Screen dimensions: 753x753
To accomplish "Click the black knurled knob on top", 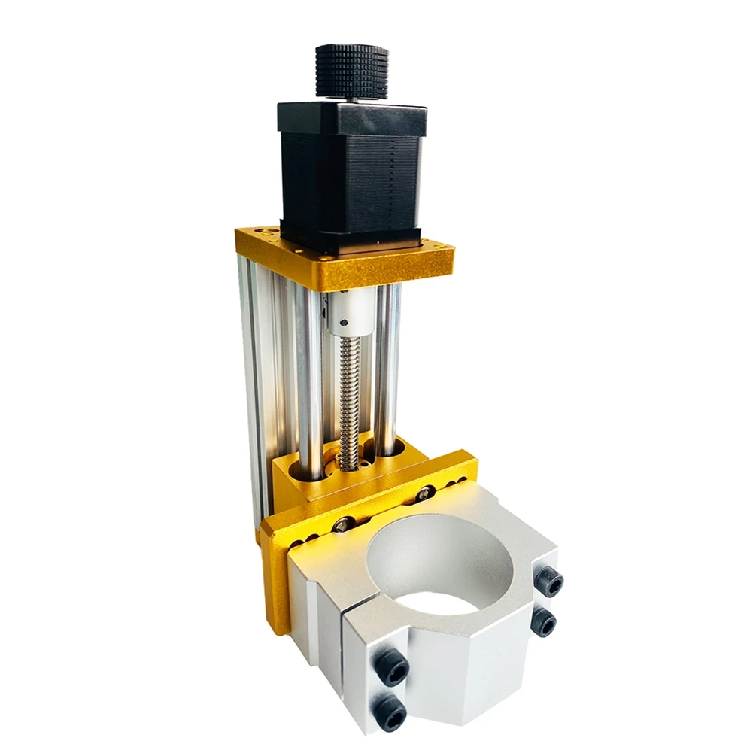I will [351, 71].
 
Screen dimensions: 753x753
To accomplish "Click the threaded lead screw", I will [348, 399].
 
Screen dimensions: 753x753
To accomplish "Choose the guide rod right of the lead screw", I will [388, 369].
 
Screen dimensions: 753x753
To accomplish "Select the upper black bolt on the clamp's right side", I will [549, 581].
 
